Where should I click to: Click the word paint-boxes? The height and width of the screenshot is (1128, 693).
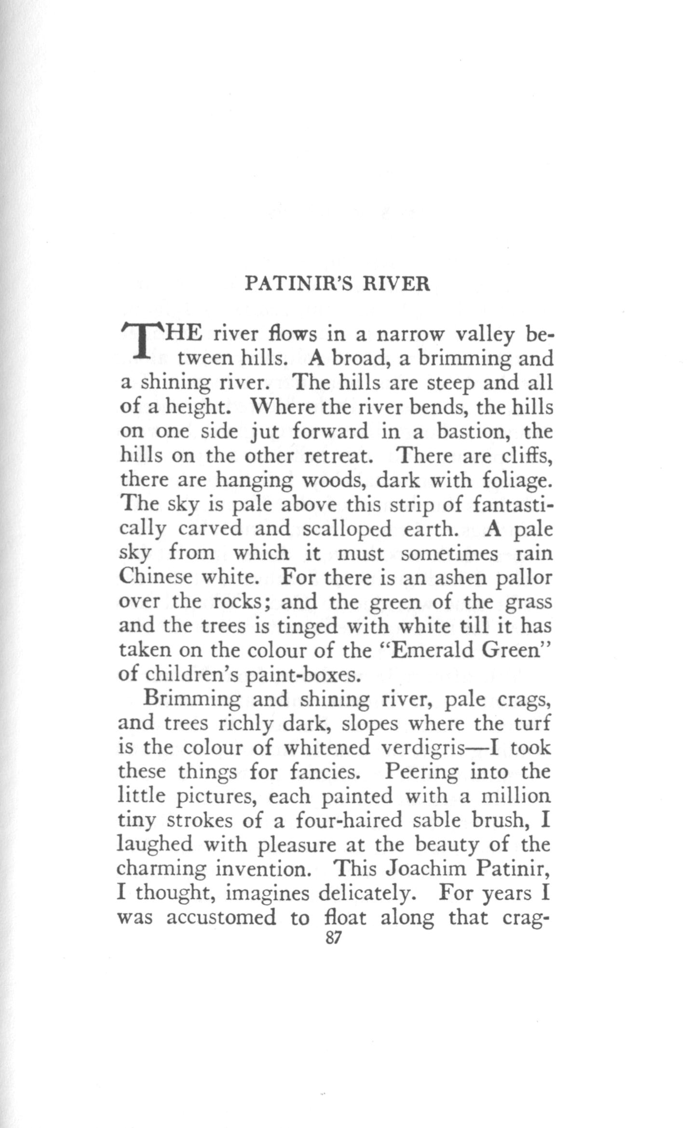[x=302, y=675]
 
